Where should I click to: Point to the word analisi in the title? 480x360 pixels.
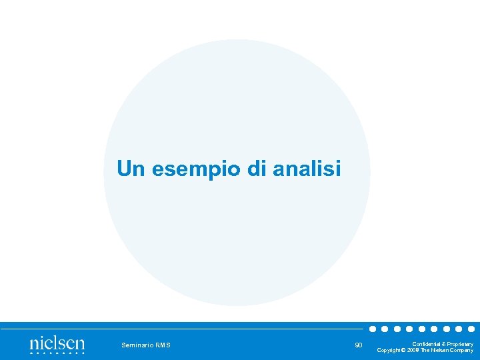click(306, 169)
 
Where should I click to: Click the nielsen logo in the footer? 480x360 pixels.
click(57, 345)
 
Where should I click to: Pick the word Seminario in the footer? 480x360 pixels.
click(137, 345)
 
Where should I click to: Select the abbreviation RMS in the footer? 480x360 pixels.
click(163, 345)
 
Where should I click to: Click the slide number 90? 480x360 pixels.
click(359, 345)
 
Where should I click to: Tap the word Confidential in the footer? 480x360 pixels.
click(425, 344)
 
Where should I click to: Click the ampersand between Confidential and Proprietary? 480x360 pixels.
click(443, 344)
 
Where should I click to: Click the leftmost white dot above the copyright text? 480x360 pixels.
click(373, 329)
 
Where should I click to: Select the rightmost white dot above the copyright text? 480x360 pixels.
click(471, 329)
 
